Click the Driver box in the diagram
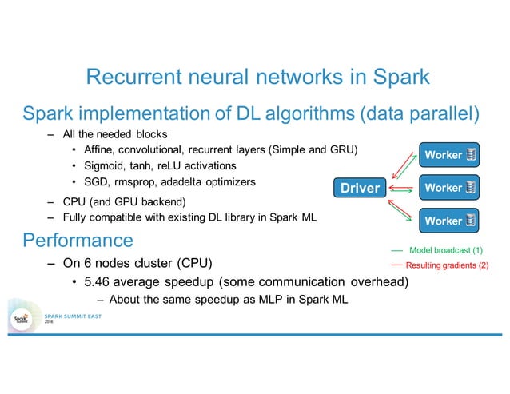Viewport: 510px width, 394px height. (361, 189)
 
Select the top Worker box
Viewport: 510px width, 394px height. (449, 154)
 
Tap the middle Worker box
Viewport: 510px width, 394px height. (449, 188)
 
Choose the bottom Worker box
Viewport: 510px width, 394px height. (449, 221)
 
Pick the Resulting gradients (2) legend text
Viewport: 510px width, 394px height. (447, 265)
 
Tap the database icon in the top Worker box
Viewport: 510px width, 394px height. (472, 154)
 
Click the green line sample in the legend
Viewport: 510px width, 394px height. (396, 250)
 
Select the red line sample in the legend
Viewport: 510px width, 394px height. (396, 265)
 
